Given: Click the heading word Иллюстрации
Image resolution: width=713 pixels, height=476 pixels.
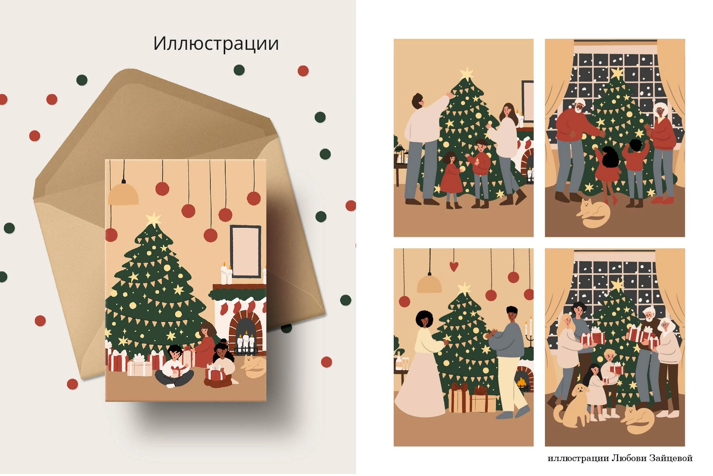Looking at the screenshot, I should (216, 44).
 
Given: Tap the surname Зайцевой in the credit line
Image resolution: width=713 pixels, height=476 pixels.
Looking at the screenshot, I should (671, 458).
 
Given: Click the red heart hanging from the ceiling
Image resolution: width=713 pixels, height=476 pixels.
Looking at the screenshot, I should (453, 266).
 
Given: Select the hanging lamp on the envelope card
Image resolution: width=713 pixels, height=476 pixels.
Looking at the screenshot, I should (123, 194).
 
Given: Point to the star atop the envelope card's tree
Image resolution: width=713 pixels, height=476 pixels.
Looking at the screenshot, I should (153, 219).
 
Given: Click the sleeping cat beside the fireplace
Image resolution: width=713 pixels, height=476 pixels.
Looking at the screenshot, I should (254, 367).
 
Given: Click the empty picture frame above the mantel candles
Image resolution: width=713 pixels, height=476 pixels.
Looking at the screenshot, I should (245, 251).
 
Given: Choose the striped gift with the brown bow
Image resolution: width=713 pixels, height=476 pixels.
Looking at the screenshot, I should (459, 398).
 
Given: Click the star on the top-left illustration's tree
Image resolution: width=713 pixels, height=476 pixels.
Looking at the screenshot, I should (467, 73).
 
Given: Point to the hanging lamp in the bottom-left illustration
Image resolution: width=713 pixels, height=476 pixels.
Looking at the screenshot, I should (429, 283).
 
